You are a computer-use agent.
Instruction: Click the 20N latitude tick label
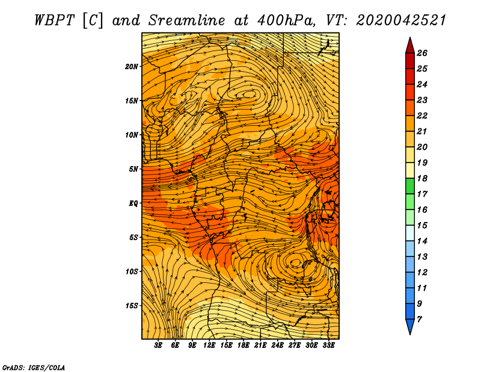[x=132, y=66]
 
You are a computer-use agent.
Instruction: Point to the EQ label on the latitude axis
[x=133, y=203]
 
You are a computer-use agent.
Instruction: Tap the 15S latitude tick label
[x=132, y=306]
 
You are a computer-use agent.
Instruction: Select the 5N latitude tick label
[x=133, y=169]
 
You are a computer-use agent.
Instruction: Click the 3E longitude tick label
[x=158, y=345]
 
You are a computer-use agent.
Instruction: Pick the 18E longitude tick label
[x=243, y=345]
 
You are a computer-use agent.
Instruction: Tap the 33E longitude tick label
[x=328, y=345]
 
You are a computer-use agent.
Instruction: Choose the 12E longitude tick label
[x=209, y=345]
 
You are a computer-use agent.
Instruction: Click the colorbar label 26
[x=422, y=53]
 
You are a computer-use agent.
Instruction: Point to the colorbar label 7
[x=419, y=319]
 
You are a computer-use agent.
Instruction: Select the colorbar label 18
[x=422, y=178]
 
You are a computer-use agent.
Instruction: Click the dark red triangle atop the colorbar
[x=410, y=45]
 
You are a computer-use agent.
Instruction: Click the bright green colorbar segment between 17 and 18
[x=410, y=186]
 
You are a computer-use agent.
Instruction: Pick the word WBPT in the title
[x=54, y=20]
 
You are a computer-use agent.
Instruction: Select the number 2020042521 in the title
[x=401, y=20]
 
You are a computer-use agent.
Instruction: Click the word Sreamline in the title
[x=187, y=20]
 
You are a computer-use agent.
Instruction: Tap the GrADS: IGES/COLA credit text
[x=34, y=367]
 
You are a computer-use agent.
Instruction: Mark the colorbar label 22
[x=422, y=116]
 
